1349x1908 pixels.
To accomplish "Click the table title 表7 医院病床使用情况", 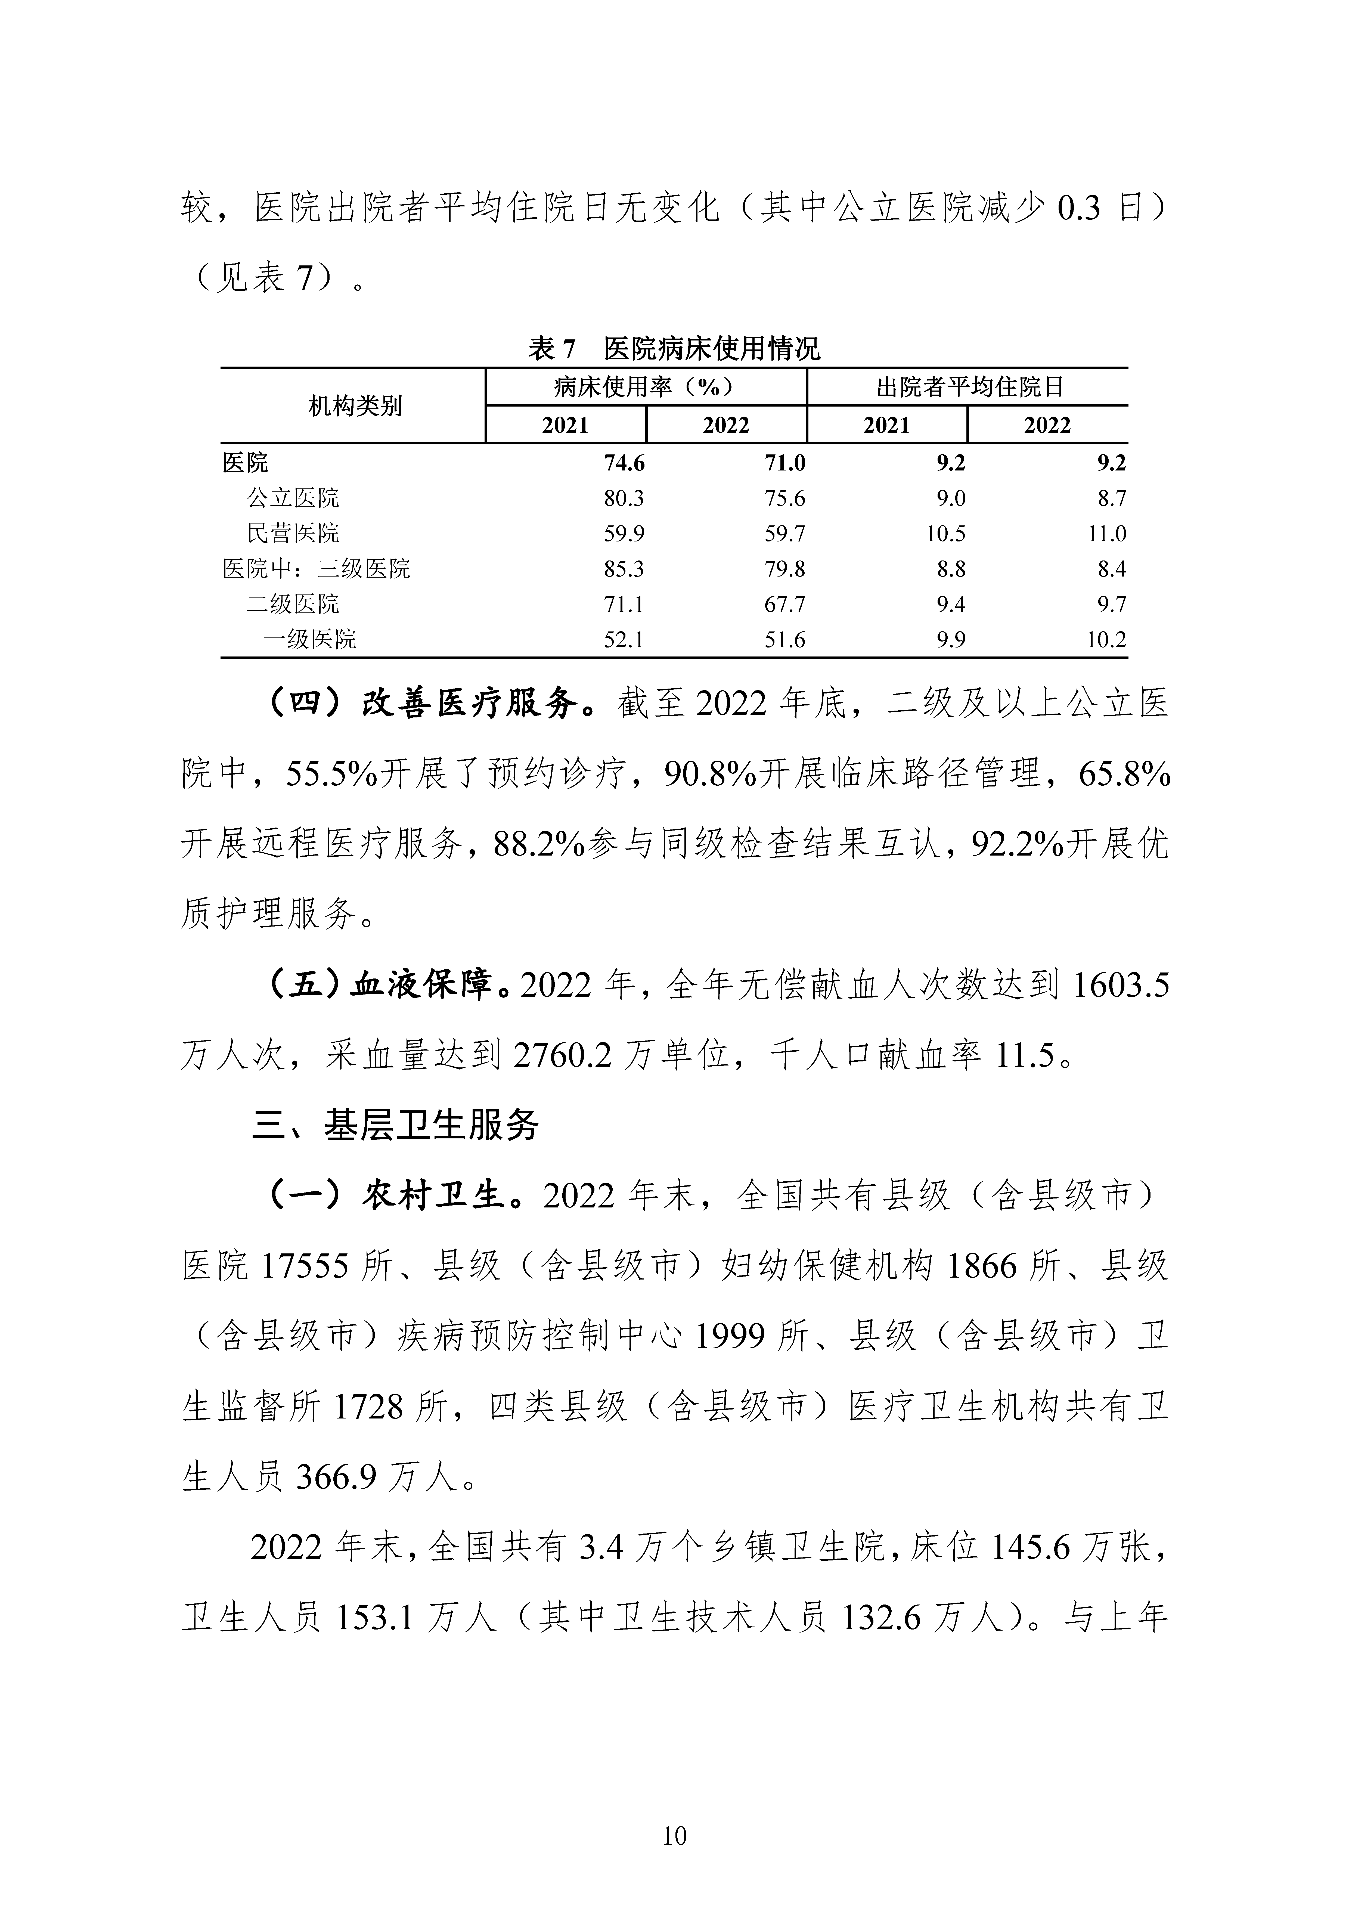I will (x=674, y=348).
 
